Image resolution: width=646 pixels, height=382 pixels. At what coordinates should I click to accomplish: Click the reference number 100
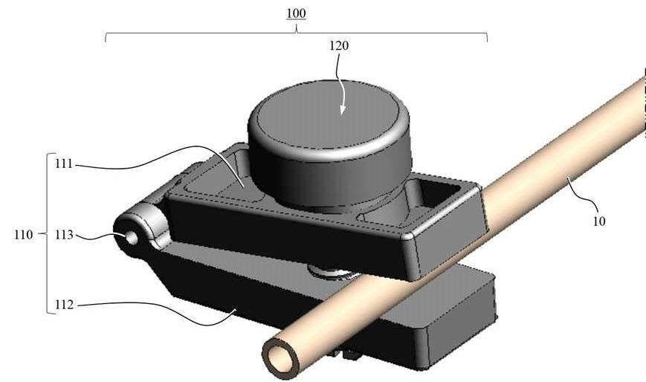coord(296,13)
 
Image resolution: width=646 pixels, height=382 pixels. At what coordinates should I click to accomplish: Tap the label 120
coord(339,46)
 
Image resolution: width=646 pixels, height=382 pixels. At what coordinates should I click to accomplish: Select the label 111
coord(64,164)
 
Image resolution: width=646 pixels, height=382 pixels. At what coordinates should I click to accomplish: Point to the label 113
coord(64,235)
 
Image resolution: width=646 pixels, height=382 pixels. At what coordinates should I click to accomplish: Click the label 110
coord(23,235)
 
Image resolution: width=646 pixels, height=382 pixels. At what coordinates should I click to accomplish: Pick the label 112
coord(64,305)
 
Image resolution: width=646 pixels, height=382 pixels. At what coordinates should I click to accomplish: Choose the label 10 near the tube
coord(598,221)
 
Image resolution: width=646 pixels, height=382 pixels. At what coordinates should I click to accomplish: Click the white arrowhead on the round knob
coord(343,109)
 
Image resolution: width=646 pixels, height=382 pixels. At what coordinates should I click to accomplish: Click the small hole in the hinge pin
coord(131,238)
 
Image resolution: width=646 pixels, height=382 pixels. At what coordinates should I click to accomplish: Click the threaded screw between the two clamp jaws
coord(329,273)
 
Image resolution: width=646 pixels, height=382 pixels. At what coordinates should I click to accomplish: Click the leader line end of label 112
coord(235,311)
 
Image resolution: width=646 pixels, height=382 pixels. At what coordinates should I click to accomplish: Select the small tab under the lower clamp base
coord(343,352)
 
